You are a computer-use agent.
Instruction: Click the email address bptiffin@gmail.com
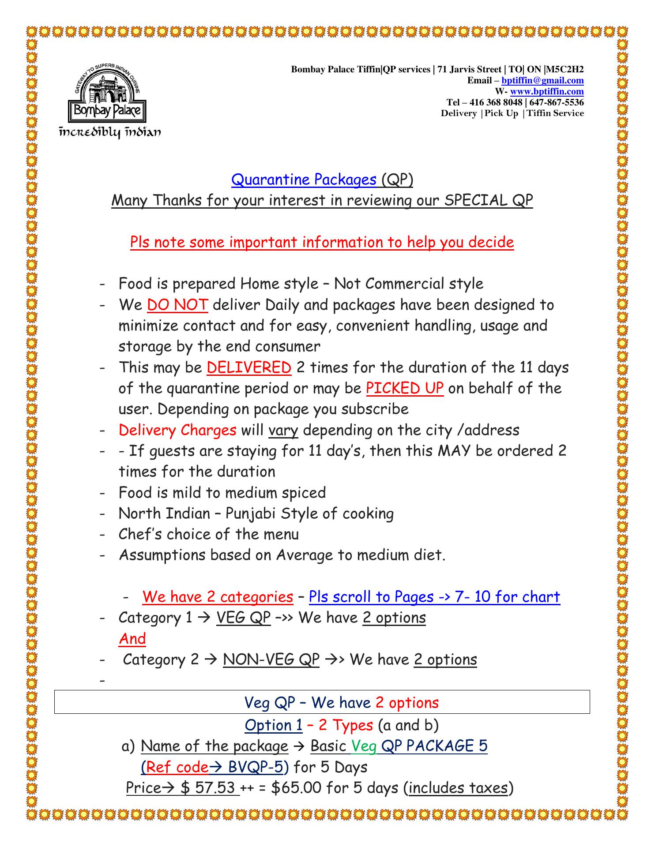[542, 80]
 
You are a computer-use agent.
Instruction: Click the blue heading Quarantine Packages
[304, 180]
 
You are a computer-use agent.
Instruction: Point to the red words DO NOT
[177, 305]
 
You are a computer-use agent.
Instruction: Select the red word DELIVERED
[249, 367]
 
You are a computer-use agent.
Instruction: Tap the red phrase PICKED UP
[405, 388]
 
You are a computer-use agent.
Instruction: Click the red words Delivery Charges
[177, 430]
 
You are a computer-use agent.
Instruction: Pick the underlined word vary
[283, 430]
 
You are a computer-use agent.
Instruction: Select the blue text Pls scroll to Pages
[371, 597]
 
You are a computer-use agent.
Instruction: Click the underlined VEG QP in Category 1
[243, 618]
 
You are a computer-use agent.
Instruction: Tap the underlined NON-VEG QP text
[271, 660]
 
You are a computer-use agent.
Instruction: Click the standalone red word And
[132, 639]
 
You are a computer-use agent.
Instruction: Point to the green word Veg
[364, 746]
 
